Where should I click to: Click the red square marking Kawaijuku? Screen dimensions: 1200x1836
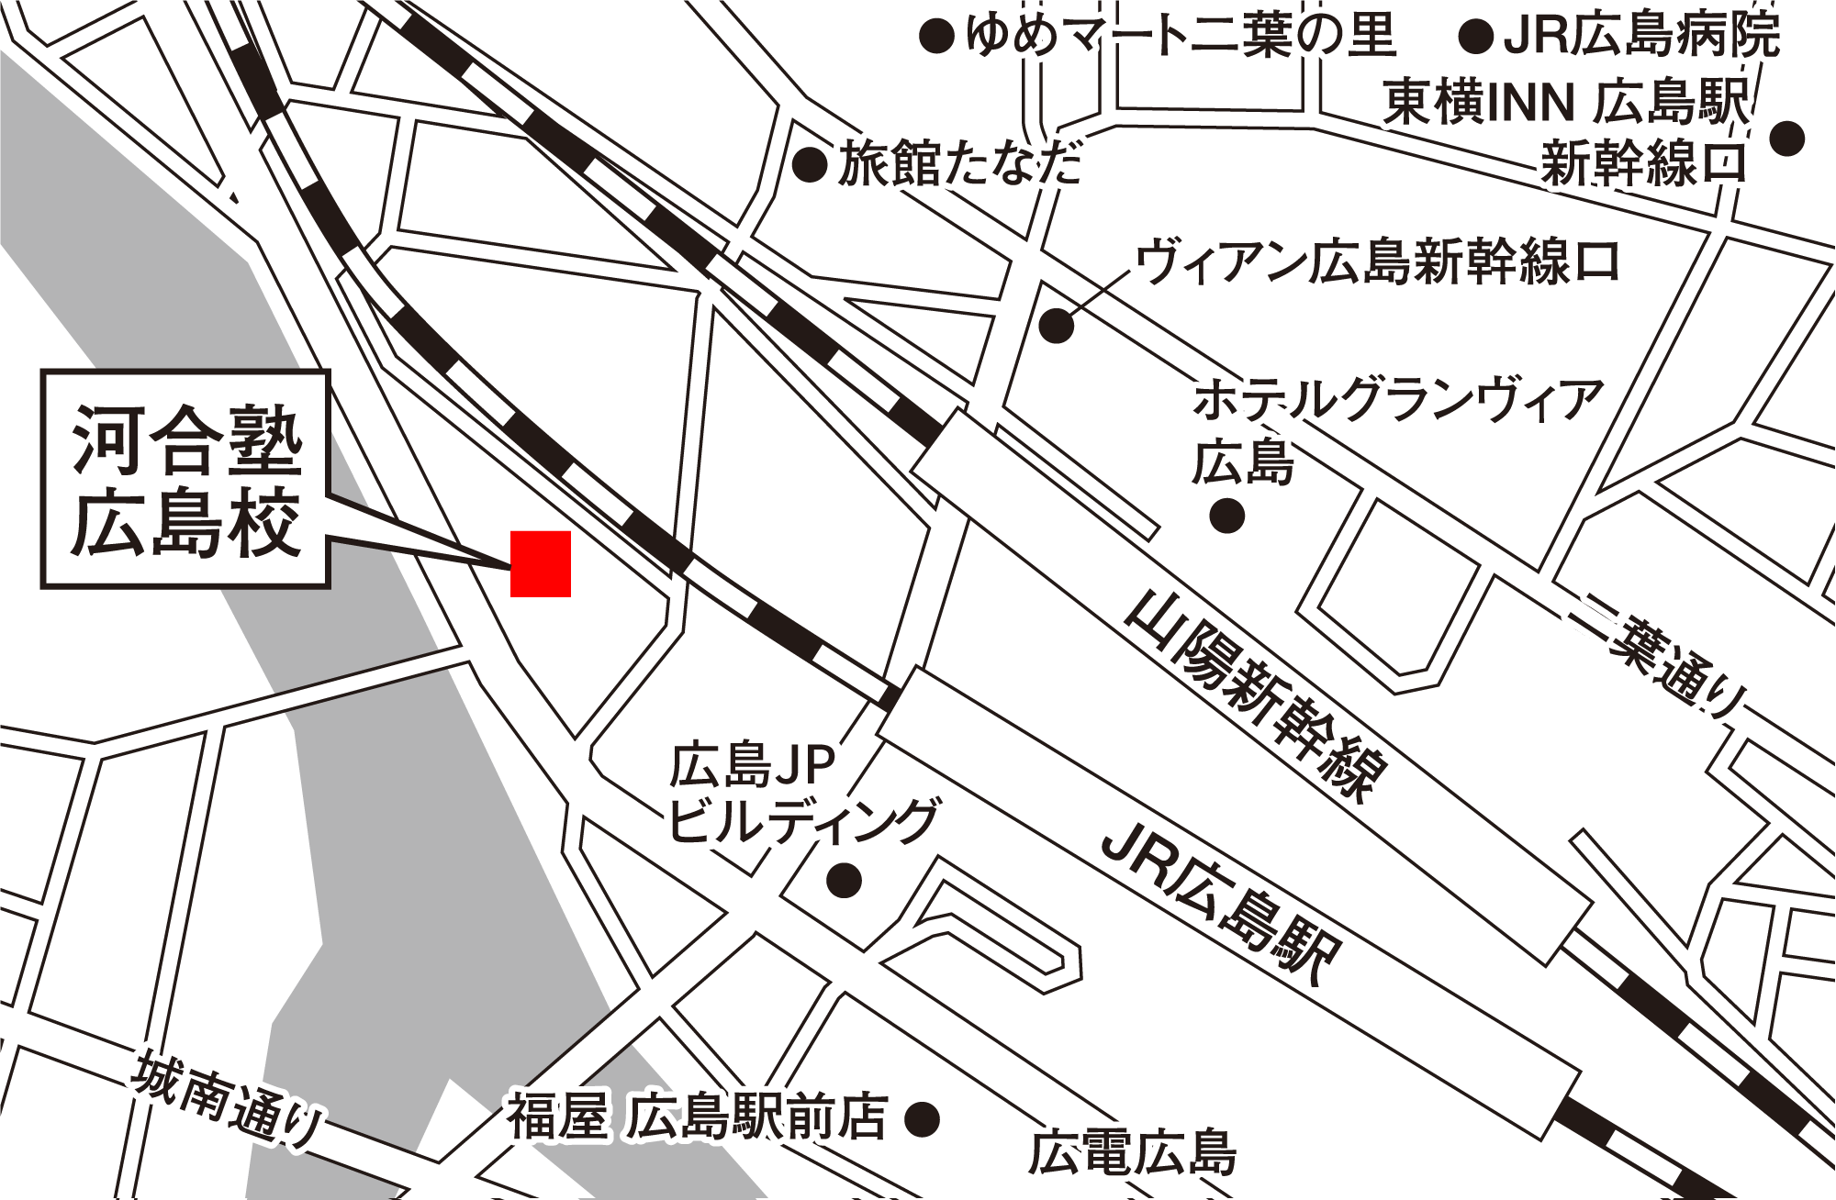click(541, 564)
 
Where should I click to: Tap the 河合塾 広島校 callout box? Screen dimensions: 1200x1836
click(185, 479)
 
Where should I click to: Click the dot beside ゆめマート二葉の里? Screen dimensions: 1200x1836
click(937, 37)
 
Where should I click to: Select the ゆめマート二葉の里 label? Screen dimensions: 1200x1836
click(1181, 37)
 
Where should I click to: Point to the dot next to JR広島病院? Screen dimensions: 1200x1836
click(1476, 37)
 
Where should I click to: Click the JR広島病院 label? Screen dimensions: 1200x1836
click(1641, 37)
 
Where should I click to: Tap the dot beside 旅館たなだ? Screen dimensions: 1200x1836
click(811, 166)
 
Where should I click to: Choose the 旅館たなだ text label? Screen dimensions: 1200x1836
click(959, 166)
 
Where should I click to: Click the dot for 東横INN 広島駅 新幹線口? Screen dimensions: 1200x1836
click(1787, 139)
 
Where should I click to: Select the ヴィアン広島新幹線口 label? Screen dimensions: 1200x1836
click(1377, 261)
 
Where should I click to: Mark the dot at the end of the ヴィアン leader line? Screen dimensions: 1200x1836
click(1057, 326)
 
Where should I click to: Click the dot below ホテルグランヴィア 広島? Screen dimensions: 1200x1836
click(1227, 516)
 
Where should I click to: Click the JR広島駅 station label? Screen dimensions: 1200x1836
click(1221, 904)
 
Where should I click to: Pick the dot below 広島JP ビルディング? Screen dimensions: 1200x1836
click(845, 881)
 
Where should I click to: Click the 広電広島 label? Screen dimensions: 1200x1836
click(1132, 1153)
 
